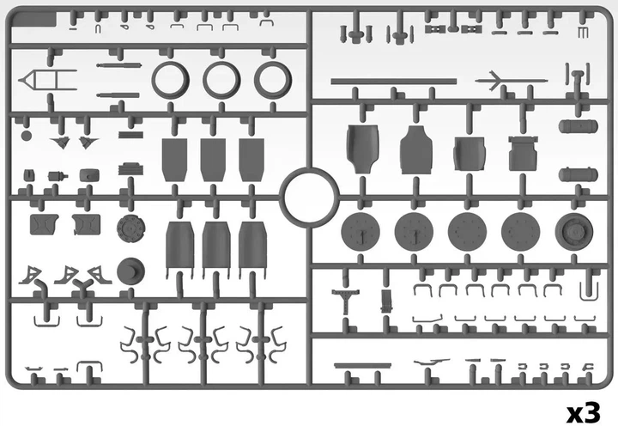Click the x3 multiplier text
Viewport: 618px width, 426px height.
(584, 413)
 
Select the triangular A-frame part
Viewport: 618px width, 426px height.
(47, 80)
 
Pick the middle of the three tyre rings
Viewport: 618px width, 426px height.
(221, 80)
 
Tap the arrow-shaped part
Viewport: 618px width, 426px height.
(512, 81)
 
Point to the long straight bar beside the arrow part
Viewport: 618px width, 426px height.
(394, 82)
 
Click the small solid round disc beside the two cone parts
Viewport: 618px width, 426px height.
(27, 136)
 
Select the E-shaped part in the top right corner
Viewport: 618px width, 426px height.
(583, 33)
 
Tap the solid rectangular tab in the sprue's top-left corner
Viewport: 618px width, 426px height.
(33, 19)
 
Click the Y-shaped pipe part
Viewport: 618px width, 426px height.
(82, 285)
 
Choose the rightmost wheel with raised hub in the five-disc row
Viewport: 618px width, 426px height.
(574, 232)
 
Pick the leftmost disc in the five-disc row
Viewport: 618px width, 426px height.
(360, 232)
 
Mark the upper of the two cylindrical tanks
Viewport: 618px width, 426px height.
(579, 126)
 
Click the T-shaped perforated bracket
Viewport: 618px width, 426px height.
(345, 301)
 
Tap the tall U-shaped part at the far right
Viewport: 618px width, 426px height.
(589, 290)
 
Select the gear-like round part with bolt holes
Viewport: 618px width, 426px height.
(130, 228)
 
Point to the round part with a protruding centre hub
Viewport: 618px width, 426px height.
(130, 271)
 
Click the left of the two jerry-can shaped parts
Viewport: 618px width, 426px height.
(44, 224)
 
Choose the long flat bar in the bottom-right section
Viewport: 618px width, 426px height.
(362, 366)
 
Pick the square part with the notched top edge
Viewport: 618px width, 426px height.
(523, 154)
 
